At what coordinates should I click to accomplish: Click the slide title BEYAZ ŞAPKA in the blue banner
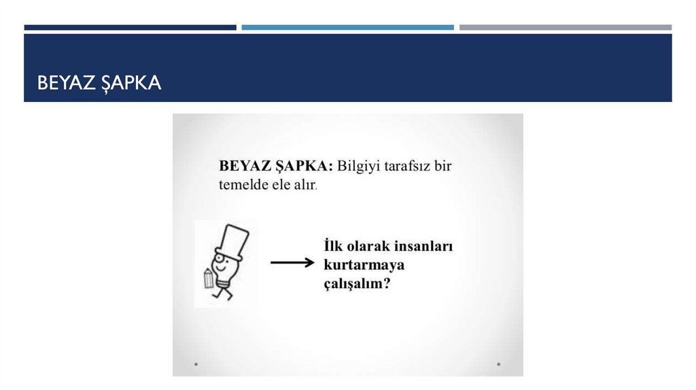click(99, 83)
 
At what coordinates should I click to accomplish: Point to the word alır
click(304, 184)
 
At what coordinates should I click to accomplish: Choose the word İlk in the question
click(334, 247)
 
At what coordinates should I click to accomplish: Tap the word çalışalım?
click(357, 283)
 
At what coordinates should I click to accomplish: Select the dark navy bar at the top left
click(130, 27)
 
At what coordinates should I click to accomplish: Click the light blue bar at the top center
click(347, 27)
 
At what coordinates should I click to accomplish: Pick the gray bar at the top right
click(565, 27)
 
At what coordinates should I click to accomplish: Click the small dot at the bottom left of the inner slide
click(196, 364)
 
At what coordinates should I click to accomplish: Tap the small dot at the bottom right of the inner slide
click(498, 364)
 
